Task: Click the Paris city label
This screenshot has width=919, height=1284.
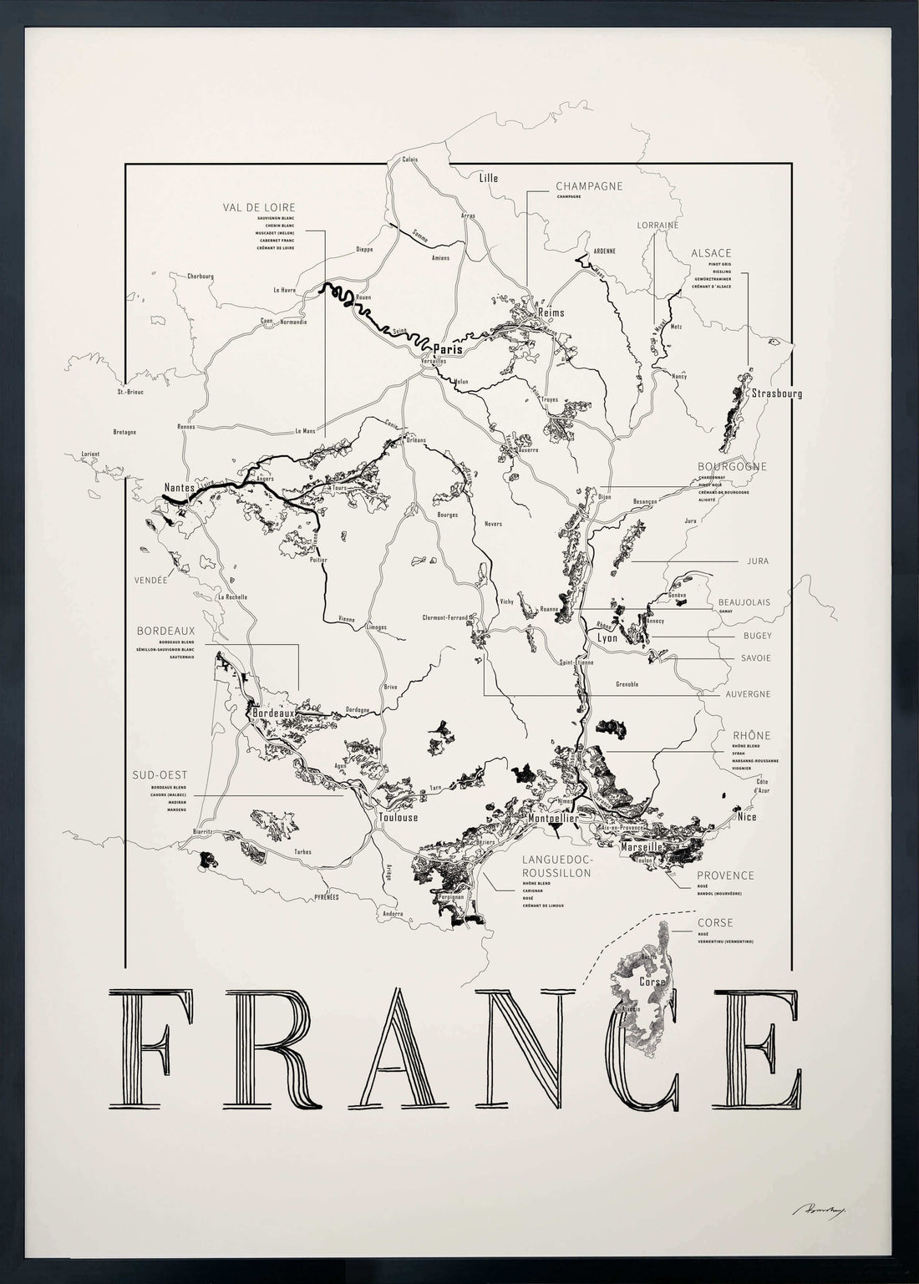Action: point(447,350)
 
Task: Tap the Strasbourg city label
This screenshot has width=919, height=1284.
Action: point(776,393)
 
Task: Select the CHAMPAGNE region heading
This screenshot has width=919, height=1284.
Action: point(589,186)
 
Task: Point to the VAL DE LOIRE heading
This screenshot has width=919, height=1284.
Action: point(259,207)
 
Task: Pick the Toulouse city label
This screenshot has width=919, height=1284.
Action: point(398,817)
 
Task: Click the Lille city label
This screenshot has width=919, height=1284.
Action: point(488,177)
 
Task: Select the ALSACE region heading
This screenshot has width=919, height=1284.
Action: point(711,252)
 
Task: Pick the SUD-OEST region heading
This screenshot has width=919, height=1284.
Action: point(159,775)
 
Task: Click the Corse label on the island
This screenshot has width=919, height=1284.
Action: point(652,982)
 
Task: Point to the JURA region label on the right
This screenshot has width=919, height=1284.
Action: point(757,561)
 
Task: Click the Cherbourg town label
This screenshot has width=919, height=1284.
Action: point(201,276)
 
